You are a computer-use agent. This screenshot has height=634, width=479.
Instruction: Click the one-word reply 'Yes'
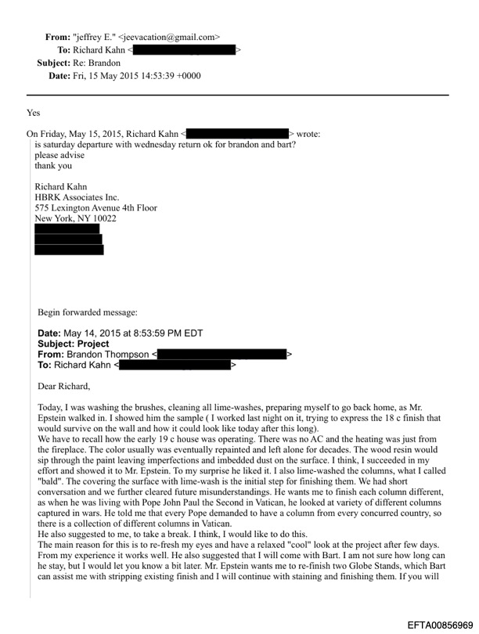(x=33, y=113)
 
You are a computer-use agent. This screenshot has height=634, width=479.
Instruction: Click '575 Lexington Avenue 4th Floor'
(x=95, y=207)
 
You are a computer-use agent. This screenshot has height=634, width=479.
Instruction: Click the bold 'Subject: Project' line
(x=74, y=344)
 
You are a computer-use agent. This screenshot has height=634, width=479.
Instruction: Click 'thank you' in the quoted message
(x=53, y=166)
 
